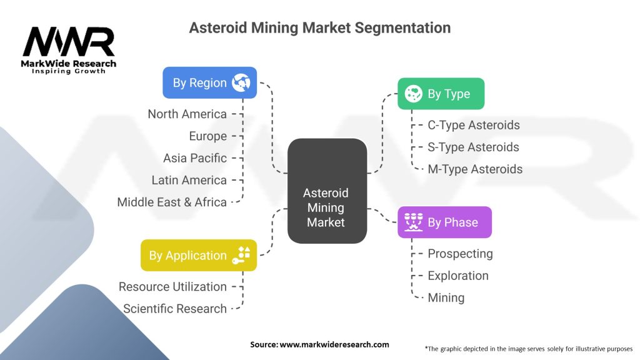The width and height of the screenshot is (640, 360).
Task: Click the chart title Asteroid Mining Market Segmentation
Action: pos(319,28)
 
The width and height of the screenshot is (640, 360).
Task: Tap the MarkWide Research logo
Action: pos(69,50)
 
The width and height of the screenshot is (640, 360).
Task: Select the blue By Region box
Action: pos(209,82)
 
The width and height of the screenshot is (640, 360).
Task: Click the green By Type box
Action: pos(441,94)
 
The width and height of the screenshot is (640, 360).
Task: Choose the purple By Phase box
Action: pos(444,222)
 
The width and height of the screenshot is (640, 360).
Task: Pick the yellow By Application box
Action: pos(198,255)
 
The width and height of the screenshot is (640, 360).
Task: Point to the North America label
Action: pos(187,114)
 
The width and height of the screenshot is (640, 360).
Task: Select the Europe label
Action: pos(207,136)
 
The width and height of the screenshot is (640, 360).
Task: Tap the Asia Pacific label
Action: pos(195,157)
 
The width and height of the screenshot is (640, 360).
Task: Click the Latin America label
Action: pos(189,180)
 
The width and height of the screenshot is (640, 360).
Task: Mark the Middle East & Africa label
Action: pos(172,202)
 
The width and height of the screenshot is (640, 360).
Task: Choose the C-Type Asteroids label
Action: pos(473,125)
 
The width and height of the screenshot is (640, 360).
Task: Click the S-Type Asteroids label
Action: pos(473,147)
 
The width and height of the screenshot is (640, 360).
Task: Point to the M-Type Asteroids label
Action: pos(474,169)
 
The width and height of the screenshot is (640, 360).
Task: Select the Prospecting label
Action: pos(460,253)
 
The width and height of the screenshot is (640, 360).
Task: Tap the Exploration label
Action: pos(457,276)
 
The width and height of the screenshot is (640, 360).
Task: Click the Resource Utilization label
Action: pos(172,286)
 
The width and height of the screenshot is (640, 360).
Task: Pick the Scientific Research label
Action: pos(175,308)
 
